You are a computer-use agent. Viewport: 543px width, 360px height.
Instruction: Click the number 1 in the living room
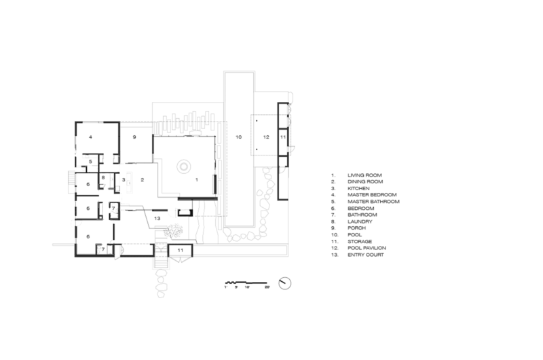[x=197, y=180]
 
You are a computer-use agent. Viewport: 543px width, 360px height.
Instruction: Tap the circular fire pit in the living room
[x=183, y=166]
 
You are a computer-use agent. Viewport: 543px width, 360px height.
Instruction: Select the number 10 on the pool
[x=239, y=137]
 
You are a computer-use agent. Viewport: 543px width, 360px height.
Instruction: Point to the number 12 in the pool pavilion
[x=266, y=137]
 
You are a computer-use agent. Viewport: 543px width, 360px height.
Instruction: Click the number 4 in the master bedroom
[x=90, y=137]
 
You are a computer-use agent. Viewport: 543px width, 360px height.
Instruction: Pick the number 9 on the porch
[x=134, y=137]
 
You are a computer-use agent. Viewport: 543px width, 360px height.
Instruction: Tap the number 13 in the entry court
[x=157, y=219]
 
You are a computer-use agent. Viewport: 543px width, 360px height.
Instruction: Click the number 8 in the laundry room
[x=103, y=178]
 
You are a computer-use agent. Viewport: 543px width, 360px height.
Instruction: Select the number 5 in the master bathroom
[x=90, y=162]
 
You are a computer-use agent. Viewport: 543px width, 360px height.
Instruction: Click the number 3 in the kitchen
[x=124, y=180]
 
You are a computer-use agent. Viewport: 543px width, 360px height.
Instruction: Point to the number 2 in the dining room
[x=143, y=180]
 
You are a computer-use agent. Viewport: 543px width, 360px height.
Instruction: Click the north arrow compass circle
[x=284, y=283]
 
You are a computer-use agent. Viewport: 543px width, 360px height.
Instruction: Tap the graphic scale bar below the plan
[x=246, y=283]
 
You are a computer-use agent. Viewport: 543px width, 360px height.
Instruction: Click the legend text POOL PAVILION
[x=367, y=248]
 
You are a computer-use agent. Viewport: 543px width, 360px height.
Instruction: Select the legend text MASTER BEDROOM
[x=372, y=195]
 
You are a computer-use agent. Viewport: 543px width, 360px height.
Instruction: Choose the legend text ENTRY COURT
[x=366, y=255]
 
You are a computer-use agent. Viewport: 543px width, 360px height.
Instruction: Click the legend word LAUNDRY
[x=360, y=221]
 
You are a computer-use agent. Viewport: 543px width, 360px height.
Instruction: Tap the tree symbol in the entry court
[x=174, y=231]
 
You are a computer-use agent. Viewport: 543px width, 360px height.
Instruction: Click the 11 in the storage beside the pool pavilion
[x=283, y=137]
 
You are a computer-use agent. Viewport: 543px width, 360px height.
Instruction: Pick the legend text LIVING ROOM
[x=364, y=175]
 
